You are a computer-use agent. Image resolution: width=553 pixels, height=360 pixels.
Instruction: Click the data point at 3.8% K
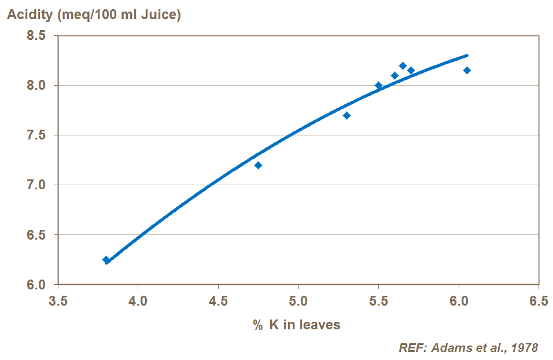(x=106, y=260)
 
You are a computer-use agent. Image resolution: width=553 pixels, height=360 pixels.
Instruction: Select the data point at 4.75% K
(x=258, y=165)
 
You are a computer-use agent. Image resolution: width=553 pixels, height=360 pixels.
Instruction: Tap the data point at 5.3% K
(x=346, y=115)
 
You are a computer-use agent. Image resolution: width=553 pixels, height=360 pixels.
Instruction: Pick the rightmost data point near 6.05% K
(x=467, y=70)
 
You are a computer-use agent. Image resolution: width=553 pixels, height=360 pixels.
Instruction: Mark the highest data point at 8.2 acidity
(x=403, y=65)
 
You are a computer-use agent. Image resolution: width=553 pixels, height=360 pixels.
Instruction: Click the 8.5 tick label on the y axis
(x=36, y=36)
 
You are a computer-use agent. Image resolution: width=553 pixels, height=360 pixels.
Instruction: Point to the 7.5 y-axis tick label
(x=36, y=135)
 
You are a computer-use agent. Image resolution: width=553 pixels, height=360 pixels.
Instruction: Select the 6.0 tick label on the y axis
(x=36, y=285)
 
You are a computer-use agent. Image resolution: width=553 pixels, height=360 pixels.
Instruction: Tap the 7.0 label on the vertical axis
(x=36, y=185)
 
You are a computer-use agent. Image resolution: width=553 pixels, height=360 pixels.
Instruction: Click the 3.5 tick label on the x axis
(x=58, y=302)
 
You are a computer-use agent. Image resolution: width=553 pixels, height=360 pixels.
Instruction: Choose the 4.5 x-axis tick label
(x=218, y=302)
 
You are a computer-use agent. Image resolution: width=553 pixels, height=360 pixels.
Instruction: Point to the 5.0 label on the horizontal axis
(x=298, y=302)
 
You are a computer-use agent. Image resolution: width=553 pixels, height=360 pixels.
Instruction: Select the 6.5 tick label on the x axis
(x=539, y=302)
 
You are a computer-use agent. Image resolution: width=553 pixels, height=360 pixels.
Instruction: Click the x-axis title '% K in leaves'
(x=297, y=325)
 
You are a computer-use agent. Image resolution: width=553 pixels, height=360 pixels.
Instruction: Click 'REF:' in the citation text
(x=413, y=348)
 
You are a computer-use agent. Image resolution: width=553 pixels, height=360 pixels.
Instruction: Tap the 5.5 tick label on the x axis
(x=378, y=302)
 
